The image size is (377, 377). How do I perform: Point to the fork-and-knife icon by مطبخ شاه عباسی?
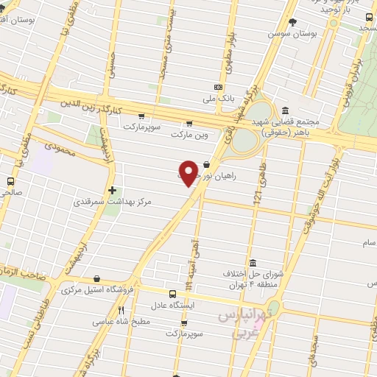[121, 310]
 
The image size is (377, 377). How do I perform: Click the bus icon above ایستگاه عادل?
[172, 293]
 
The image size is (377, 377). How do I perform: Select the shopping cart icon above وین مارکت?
[189, 124]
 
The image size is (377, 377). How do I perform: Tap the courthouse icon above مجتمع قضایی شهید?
[285, 110]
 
